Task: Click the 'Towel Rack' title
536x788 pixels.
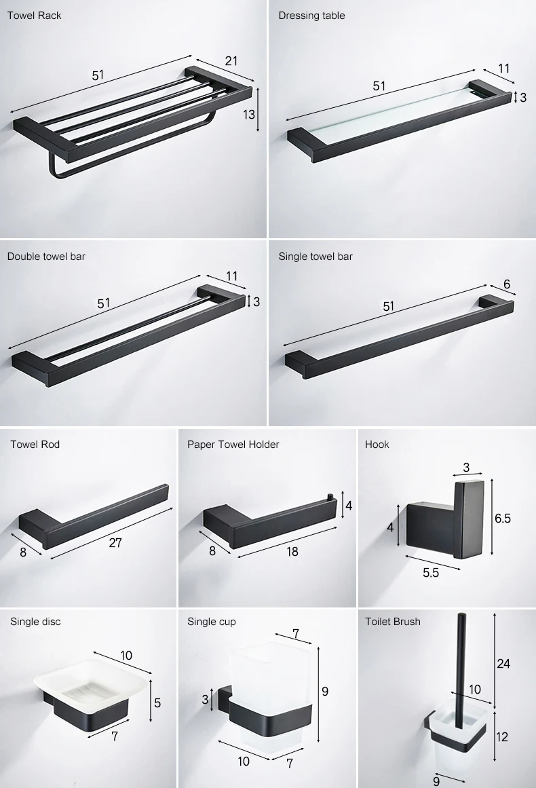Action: point(34,16)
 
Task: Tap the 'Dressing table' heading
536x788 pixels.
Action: point(311,16)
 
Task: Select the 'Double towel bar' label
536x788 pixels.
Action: point(46,257)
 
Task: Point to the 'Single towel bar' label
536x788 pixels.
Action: point(315,257)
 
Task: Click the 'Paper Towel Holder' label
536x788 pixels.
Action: point(233,445)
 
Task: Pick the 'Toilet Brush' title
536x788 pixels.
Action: point(393,621)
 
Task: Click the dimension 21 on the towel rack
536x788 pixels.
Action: point(231,61)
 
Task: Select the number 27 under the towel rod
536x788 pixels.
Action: point(115,542)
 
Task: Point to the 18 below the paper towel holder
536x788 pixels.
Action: point(292,552)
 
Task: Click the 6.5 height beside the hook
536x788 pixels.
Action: point(502,519)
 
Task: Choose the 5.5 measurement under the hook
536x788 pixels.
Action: point(431,572)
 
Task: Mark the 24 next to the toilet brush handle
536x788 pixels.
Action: point(503,664)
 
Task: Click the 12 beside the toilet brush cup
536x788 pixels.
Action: point(501,736)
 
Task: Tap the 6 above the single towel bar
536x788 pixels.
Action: point(507,284)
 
